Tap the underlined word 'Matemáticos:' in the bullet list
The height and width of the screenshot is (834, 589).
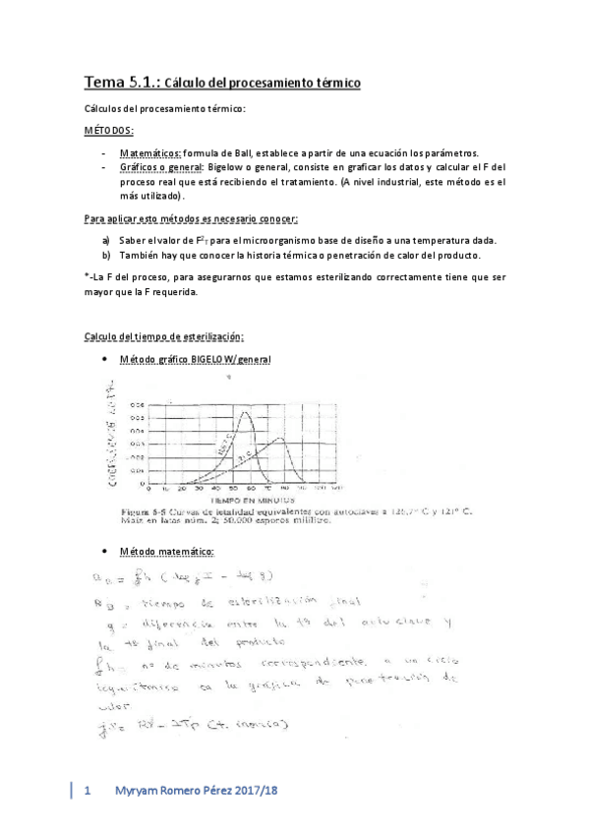[x=150, y=153]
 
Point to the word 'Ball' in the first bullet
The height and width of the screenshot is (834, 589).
[x=250, y=153]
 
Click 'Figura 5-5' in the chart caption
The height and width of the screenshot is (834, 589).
[x=141, y=511]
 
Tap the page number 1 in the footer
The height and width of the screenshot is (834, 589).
[x=88, y=790]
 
